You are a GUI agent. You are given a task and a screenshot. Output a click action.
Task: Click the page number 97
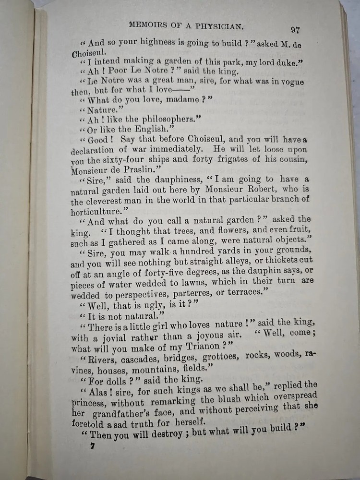[295, 30]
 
